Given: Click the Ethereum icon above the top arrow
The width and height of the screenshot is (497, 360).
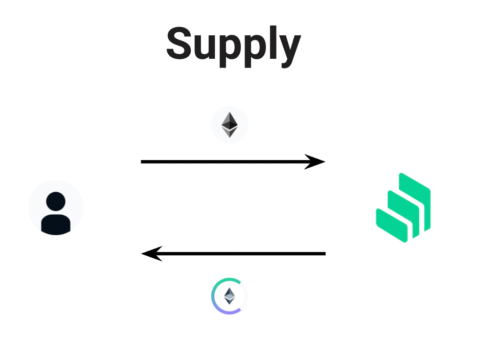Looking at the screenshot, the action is click(230, 125).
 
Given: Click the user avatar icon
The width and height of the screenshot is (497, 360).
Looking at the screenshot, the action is click(56, 208).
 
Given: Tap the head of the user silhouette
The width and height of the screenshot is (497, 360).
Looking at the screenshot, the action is click(56, 201).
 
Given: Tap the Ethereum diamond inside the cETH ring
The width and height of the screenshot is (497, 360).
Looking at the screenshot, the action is click(230, 296).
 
